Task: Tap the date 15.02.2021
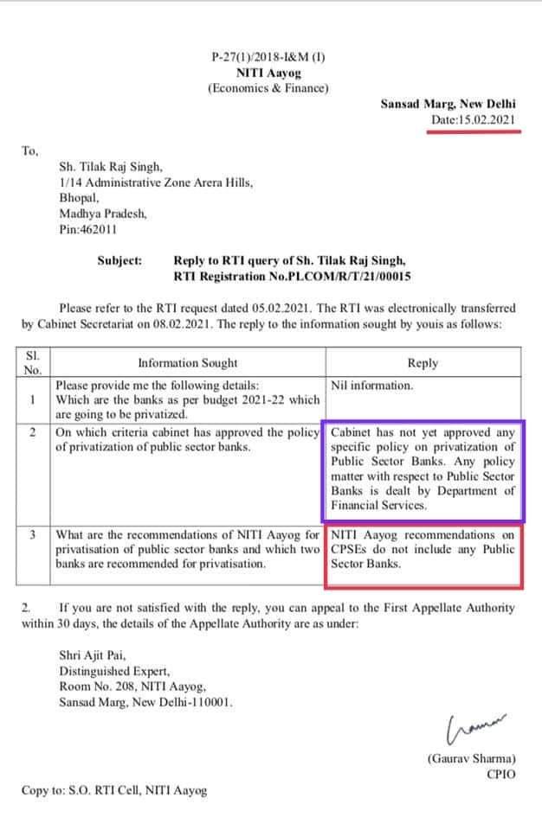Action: [489, 120]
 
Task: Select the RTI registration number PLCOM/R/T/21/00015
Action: [350, 276]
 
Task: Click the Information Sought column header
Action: [188, 363]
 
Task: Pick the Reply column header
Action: [423, 363]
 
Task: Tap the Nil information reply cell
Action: [372, 386]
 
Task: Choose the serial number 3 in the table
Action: [32, 535]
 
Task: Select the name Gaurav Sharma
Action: [471, 758]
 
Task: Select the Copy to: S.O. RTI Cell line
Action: [114, 790]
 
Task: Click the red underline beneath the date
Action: [473, 133]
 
